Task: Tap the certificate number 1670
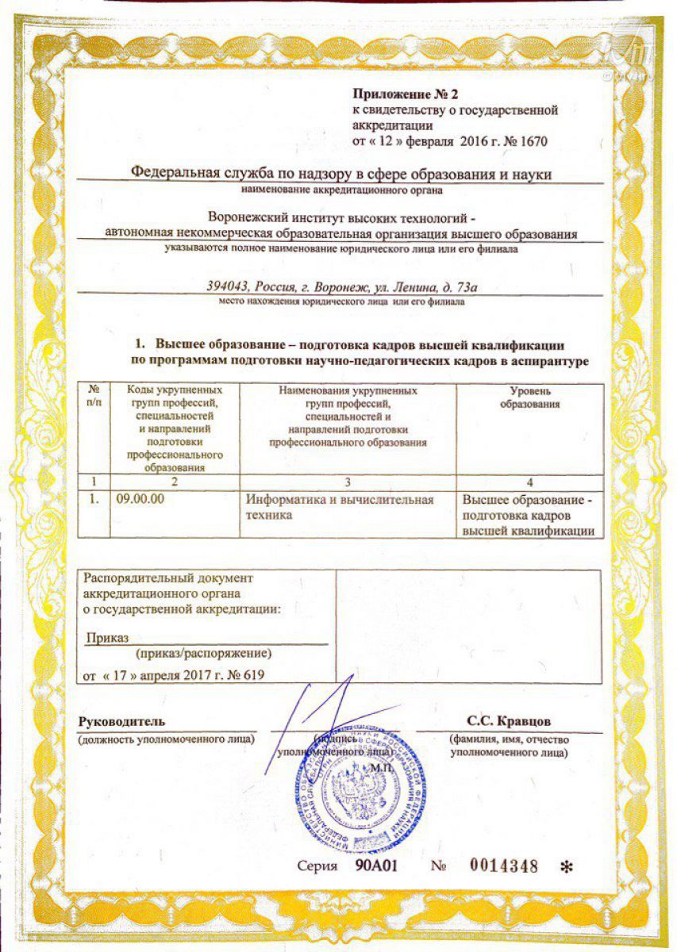click(533, 141)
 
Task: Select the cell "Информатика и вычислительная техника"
click(340, 507)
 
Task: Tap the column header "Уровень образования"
click(529, 397)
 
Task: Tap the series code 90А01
click(375, 866)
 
